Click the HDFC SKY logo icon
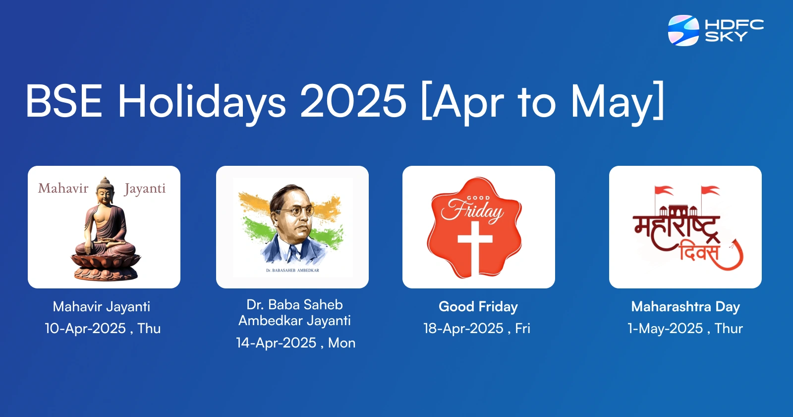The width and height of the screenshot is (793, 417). pyautogui.click(x=683, y=30)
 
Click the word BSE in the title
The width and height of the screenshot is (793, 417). pyautogui.click(x=64, y=101)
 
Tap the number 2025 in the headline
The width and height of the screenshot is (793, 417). pyautogui.click(x=353, y=101)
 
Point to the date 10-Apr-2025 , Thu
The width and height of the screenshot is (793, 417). pyautogui.click(x=103, y=328)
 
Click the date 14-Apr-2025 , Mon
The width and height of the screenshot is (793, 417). pyautogui.click(x=295, y=343)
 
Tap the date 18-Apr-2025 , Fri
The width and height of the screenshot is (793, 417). pyautogui.click(x=477, y=328)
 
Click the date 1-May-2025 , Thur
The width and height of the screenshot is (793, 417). pyautogui.click(x=685, y=328)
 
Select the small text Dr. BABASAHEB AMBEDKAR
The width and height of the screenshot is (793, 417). pyautogui.click(x=292, y=271)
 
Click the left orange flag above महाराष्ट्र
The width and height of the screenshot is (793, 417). pyautogui.click(x=664, y=191)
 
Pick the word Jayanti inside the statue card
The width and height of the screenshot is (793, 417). pyautogui.click(x=145, y=189)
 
